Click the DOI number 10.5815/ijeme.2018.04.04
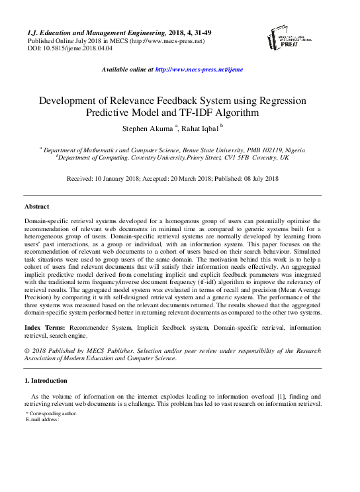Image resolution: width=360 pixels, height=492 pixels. pyautogui.click(x=77, y=48)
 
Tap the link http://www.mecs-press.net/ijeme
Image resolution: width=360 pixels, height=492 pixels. pyautogui.click(x=199, y=69)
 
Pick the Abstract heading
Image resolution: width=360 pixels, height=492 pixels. pyautogui.click(x=36, y=207)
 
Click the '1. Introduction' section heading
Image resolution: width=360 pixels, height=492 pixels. pyautogui.click(x=46, y=381)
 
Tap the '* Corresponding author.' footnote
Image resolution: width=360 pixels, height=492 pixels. pyautogui.click(x=52, y=413)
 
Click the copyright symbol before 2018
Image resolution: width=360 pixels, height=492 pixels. pyautogui.click(x=26, y=350)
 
